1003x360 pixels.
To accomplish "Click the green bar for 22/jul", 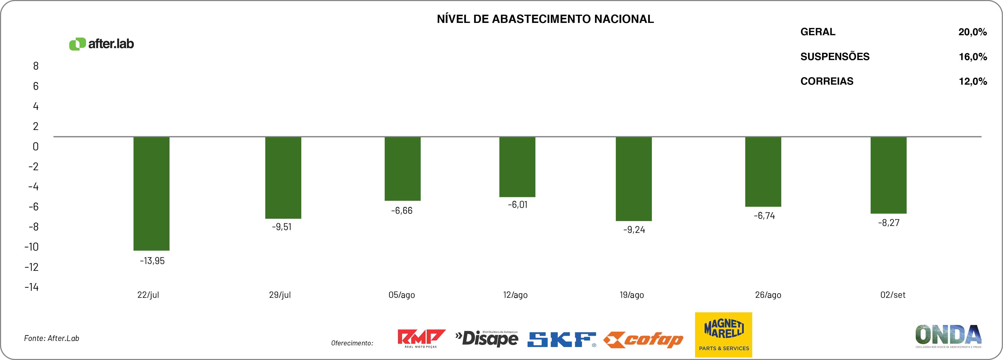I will tap(152, 193).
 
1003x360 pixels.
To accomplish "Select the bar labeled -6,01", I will tap(517, 167).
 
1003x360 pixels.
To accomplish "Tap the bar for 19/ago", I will tap(634, 179).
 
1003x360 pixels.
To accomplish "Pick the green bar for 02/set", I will tap(889, 175).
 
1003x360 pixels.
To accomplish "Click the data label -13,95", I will tap(152, 261).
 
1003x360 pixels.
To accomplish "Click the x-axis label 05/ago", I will tap(401, 295).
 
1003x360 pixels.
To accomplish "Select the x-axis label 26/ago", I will tap(768, 295).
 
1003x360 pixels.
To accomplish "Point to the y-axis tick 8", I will tap(36, 66).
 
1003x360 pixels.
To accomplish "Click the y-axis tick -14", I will tap(32, 287).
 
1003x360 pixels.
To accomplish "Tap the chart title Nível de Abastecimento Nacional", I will tap(545, 19).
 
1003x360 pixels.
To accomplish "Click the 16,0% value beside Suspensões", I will tap(972, 57).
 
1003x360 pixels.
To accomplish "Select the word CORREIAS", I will tap(827, 81).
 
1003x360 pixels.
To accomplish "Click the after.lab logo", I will tap(102, 44).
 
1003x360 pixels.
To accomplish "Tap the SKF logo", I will tap(561, 339).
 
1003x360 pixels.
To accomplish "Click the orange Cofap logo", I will tap(643, 340).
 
